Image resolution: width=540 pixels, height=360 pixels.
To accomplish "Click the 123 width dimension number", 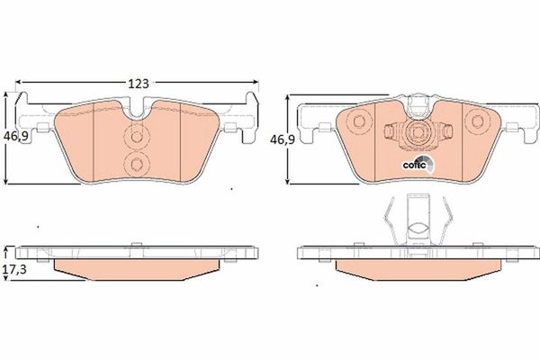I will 138,83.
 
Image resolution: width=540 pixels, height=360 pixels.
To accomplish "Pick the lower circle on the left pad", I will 138,163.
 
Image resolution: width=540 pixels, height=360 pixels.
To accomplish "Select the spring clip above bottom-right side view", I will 415,220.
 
